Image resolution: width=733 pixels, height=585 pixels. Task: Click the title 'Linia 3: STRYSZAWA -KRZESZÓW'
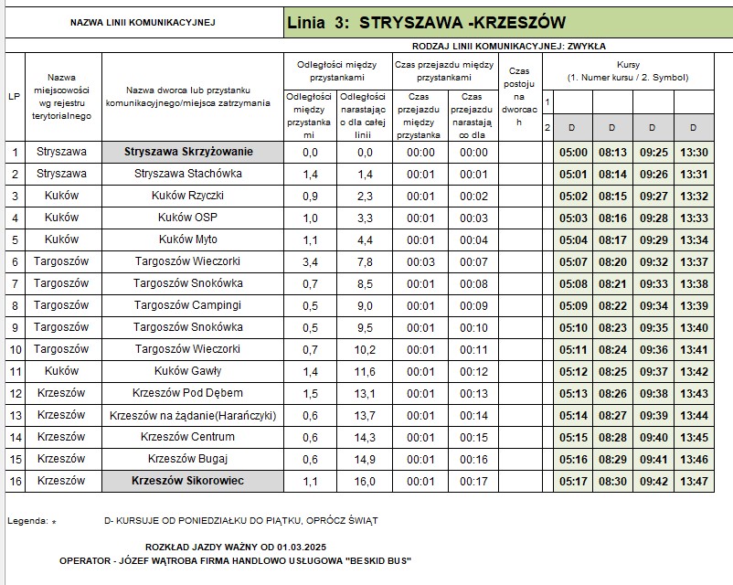point(426,22)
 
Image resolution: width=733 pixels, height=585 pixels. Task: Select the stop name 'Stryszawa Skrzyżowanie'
point(188,152)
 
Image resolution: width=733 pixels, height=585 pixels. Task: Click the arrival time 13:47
point(695,480)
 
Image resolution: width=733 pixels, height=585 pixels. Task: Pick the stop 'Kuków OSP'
point(188,218)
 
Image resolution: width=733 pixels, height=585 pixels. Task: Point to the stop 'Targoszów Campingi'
point(188,305)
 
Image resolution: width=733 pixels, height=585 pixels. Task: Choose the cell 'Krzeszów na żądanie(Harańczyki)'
point(192,415)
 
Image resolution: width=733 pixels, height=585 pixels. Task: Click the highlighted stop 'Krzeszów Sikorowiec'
point(188,480)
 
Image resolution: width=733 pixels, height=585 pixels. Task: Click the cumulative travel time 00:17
point(473,480)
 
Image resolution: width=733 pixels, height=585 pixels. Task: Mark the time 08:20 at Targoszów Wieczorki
point(613,262)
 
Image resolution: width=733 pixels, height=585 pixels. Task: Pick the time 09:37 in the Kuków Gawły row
point(654,371)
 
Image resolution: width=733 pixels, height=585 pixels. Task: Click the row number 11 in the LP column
point(15,371)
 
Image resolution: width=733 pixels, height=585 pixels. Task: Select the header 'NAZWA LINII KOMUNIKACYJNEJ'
point(143,22)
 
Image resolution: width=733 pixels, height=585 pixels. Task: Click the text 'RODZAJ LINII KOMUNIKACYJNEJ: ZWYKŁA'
point(509,45)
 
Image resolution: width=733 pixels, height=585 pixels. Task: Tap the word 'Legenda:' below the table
point(27,520)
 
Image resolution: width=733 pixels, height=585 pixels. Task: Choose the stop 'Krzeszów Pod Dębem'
point(188,393)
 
